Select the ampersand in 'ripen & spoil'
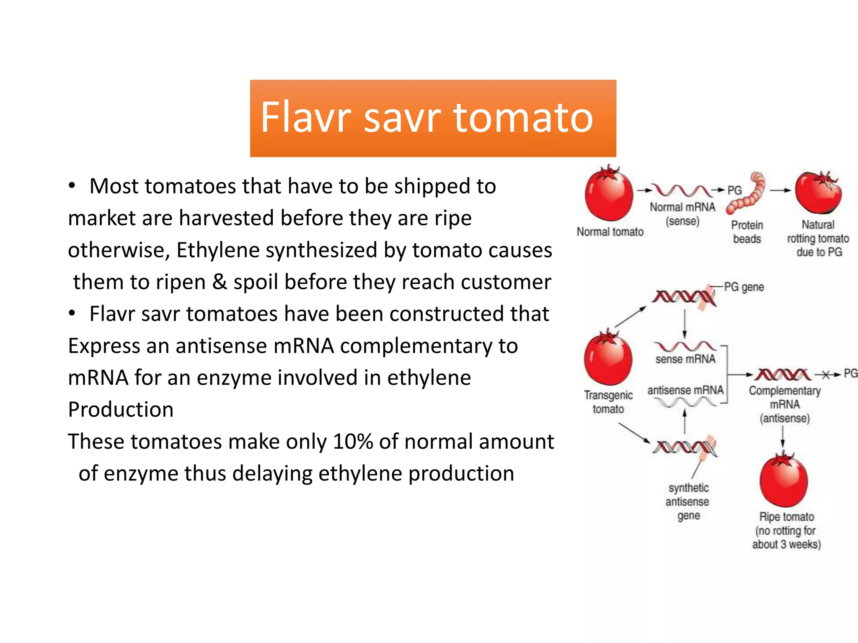220,282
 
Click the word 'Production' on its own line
121,409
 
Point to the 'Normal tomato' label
610,231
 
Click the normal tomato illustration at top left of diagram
609,194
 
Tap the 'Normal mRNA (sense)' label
682,214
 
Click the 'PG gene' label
744,287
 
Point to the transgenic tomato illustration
608,358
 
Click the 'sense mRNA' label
685,359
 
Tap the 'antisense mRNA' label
685,390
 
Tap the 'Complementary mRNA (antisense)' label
785,404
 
